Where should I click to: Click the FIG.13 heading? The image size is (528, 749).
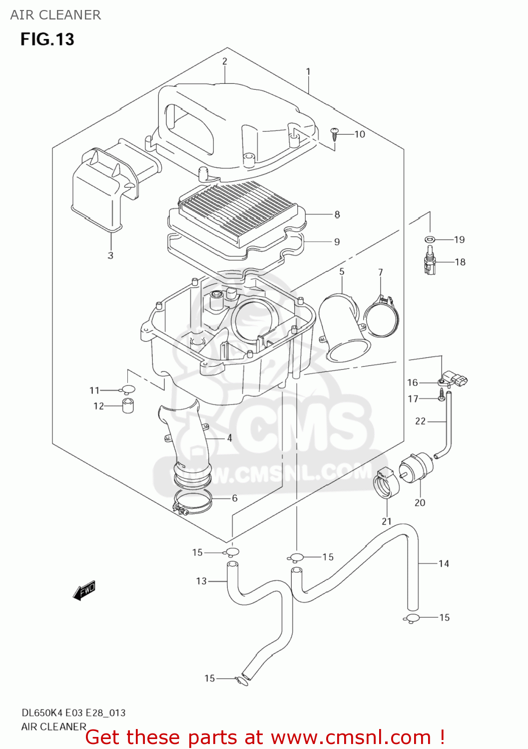click(47, 39)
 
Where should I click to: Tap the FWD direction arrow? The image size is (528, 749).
click(84, 590)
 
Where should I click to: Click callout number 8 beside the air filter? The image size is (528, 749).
click(337, 214)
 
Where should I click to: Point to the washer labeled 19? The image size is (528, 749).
click(429, 239)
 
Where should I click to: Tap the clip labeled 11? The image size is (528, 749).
click(127, 389)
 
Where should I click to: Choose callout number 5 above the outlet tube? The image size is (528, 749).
click(342, 272)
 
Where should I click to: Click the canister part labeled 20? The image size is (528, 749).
click(416, 468)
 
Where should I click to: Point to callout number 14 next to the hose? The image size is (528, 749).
click(444, 563)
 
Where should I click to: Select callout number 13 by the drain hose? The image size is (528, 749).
click(201, 581)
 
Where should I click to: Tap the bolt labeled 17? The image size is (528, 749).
click(442, 398)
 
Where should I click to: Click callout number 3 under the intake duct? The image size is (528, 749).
click(110, 255)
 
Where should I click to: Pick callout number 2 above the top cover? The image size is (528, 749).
click(225, 61)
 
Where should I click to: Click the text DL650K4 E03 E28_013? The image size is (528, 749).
click(73, 713)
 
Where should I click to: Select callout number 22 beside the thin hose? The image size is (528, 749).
click(420, 421)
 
